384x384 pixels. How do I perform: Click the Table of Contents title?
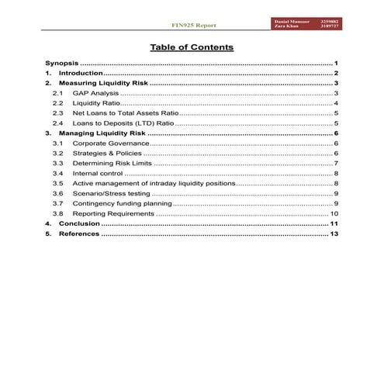191,47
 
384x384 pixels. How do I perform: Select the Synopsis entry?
61,62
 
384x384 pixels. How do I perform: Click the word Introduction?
81,72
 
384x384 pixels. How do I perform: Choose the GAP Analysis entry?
95,93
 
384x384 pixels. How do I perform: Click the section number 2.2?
57,103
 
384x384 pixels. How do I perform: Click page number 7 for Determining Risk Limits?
336,164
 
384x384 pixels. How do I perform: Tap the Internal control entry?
97,174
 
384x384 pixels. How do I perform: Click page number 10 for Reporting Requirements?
334,213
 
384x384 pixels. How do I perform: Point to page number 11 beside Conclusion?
334,223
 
